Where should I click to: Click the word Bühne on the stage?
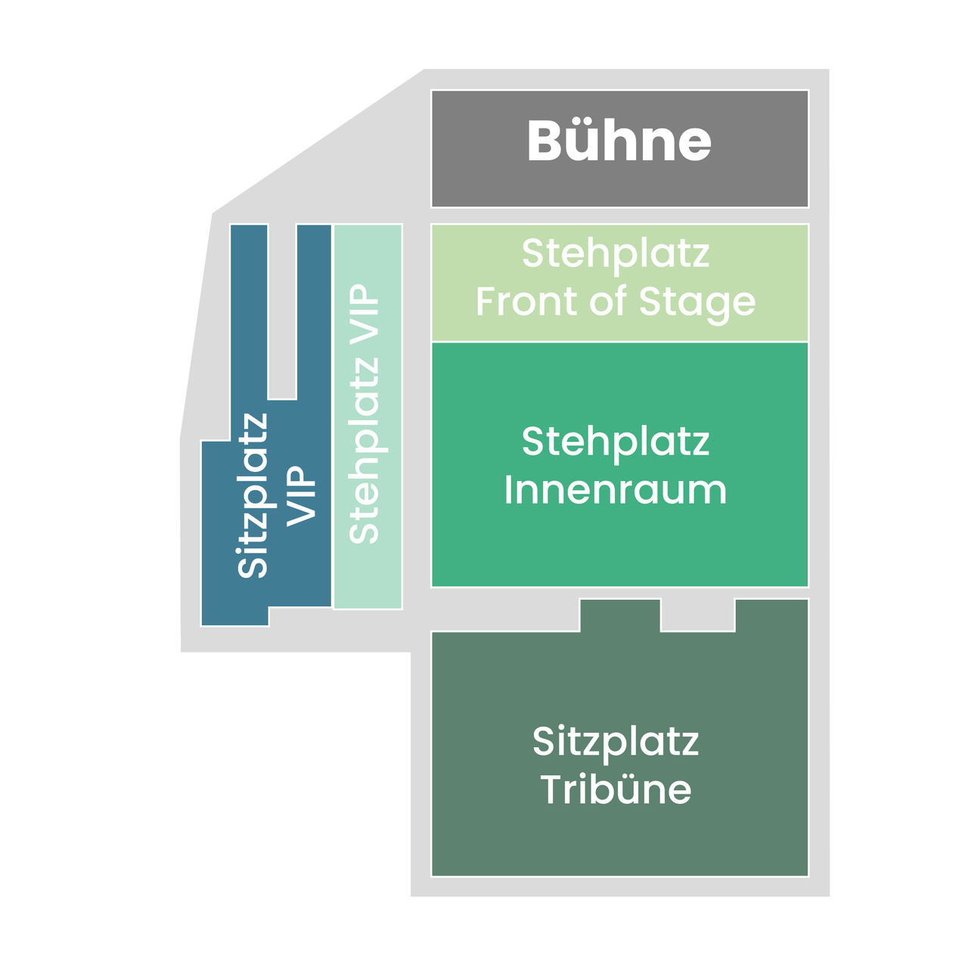(x=619, y=141)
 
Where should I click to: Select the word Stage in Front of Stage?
(x=697, y=305)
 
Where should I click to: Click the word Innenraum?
(x=616, y=490)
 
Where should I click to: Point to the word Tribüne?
(x=616, y=790)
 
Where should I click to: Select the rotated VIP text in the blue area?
(x=301, y=496)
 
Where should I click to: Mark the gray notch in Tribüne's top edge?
(x=698, y=615)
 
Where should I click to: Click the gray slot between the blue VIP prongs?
(x=282, y=312)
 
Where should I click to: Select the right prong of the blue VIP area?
(x=314, y=312)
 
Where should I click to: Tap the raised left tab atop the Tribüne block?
(x=620, y=615)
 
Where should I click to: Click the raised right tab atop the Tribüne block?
(x=771, y=615)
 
